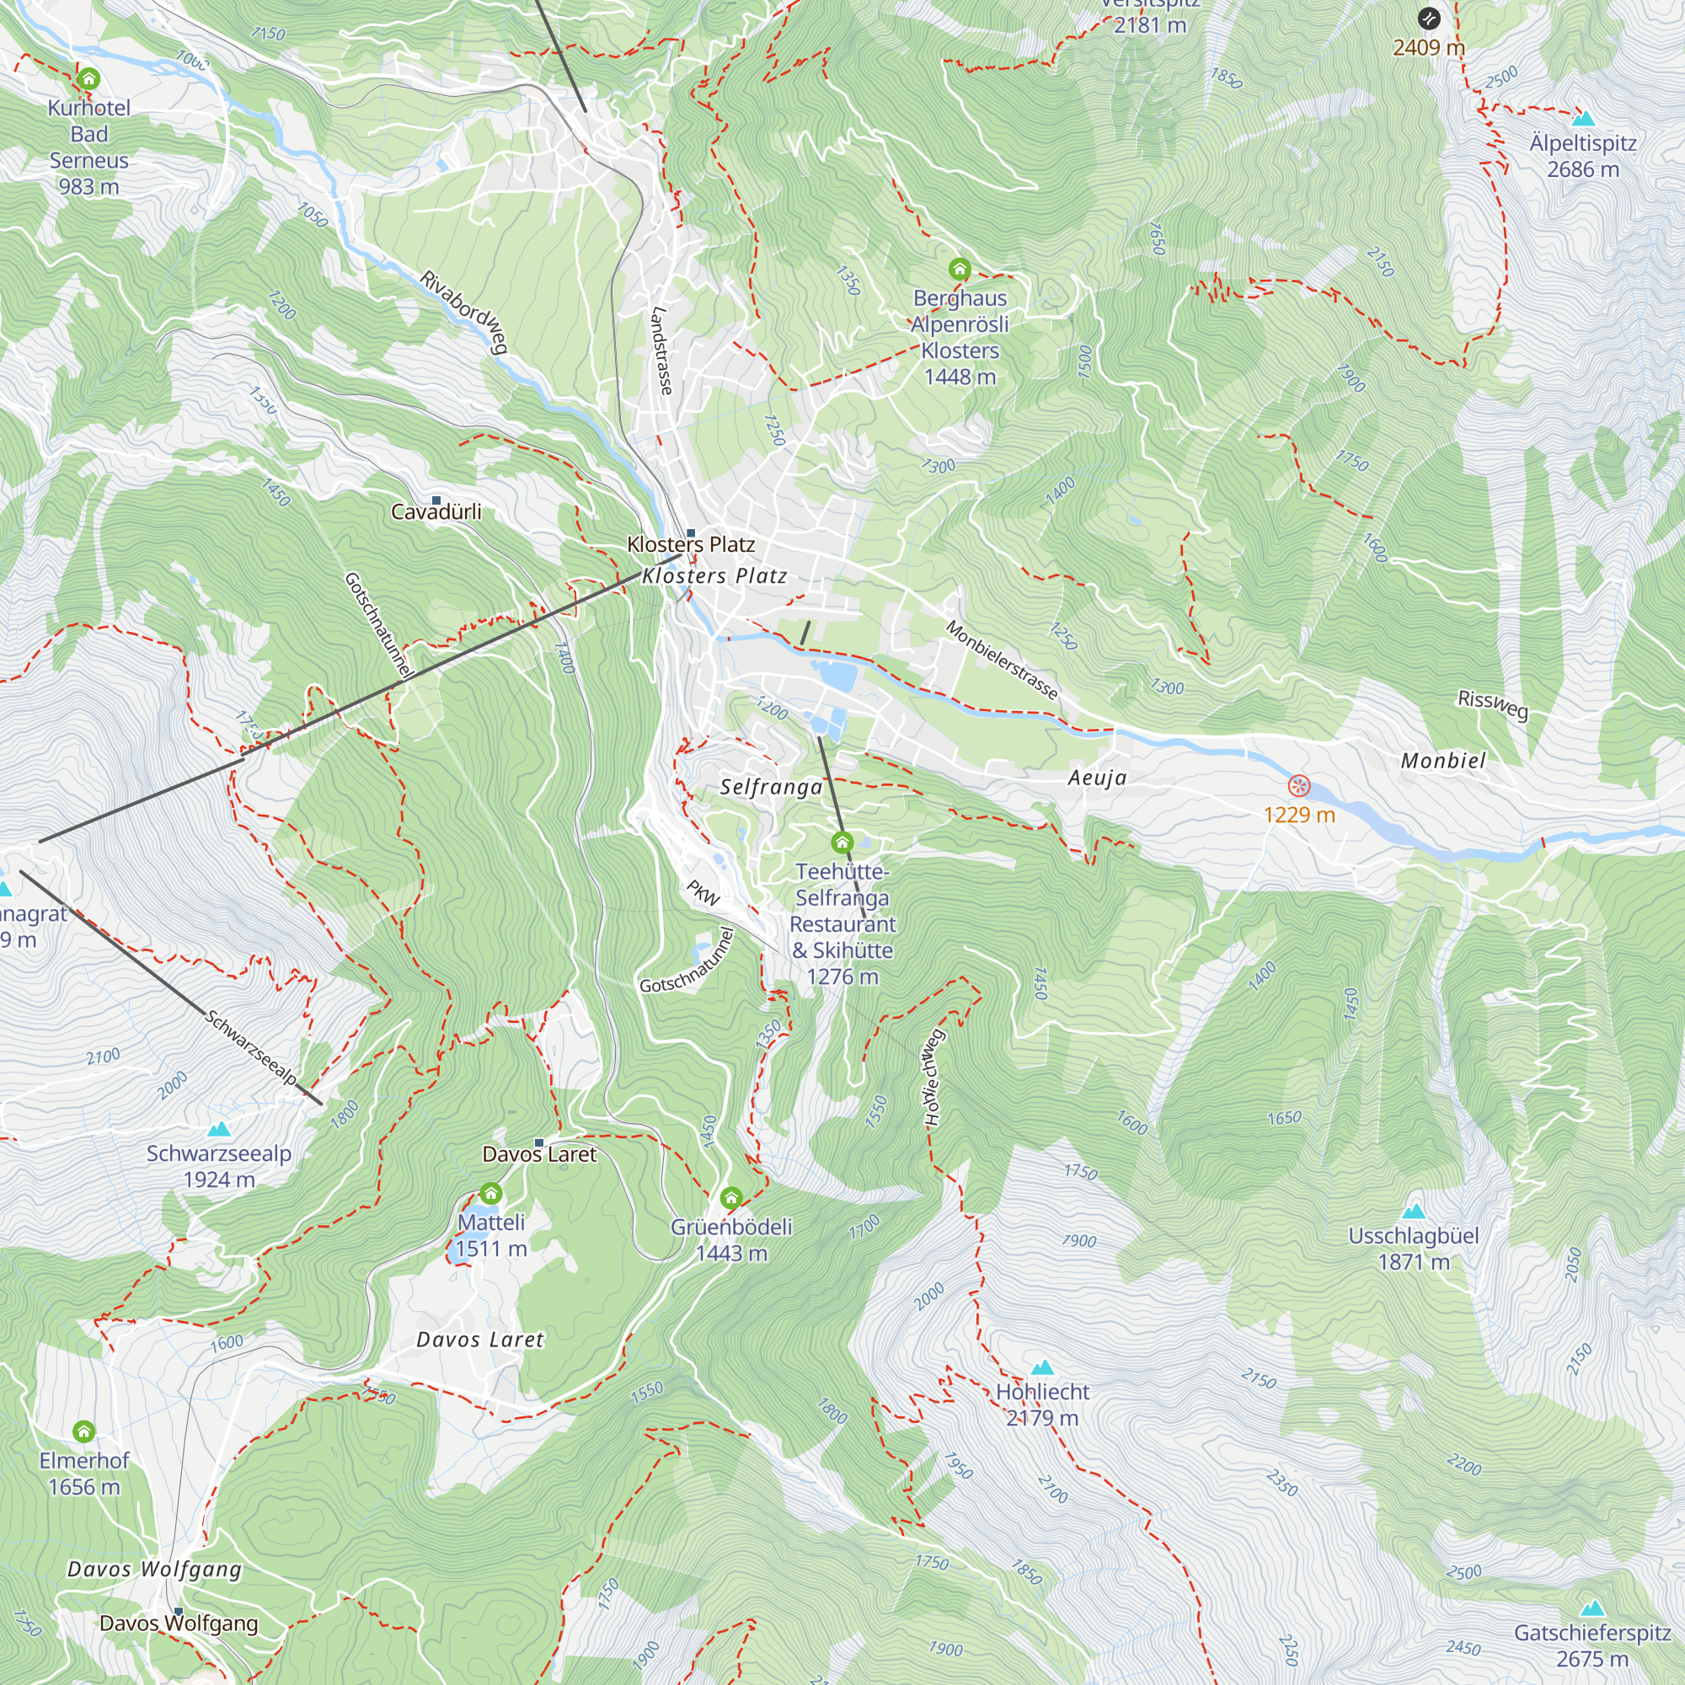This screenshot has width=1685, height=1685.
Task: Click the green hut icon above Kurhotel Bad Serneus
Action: (88, 79)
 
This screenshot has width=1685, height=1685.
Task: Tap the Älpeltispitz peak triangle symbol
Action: (1582, 117)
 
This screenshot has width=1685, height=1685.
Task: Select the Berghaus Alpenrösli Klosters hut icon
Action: (960, 269)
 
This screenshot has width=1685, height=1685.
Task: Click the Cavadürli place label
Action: (436, 511)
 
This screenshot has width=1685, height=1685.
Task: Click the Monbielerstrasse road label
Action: (1002, 661)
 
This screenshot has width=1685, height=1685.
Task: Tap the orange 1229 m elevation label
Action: (1298, 815)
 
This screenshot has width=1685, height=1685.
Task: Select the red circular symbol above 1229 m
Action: (1298, 786)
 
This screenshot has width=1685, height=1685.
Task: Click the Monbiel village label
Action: (1442, 761)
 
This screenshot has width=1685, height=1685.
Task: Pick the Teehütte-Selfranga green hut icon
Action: (842, 842)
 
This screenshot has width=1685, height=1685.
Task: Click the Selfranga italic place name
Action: (771, 787)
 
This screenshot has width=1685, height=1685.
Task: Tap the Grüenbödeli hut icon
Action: (730, 1197)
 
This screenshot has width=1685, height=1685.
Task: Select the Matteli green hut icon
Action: (491, 1193)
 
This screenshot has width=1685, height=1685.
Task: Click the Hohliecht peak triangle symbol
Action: (1042, 1367)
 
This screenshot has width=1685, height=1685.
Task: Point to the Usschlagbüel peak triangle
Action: (1413, 1211)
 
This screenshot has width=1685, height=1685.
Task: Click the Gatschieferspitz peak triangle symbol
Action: (1592, 1608)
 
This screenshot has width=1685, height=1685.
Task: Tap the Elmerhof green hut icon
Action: (83, 1431)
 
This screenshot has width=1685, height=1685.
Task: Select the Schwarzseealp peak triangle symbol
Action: (219, 1129)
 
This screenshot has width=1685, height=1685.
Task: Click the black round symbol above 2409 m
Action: (1429, 19)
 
